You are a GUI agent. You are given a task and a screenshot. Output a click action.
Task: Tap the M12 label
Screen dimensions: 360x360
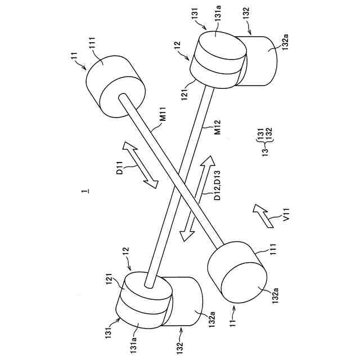click(x=217, y=133)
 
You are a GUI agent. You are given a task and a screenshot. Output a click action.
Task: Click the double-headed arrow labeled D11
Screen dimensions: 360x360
click(x=141, y=165)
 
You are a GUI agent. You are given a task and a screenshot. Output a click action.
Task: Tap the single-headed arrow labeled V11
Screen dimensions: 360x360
click(x=263, y=215)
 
